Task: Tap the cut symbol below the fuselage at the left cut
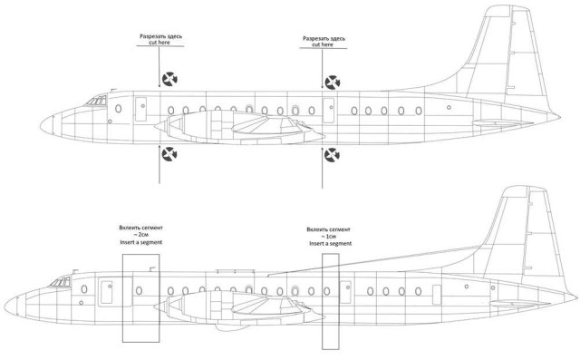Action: click(169, 160)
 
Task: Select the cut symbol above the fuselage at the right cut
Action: click(333, 83)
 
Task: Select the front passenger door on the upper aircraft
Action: click(140, 108)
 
